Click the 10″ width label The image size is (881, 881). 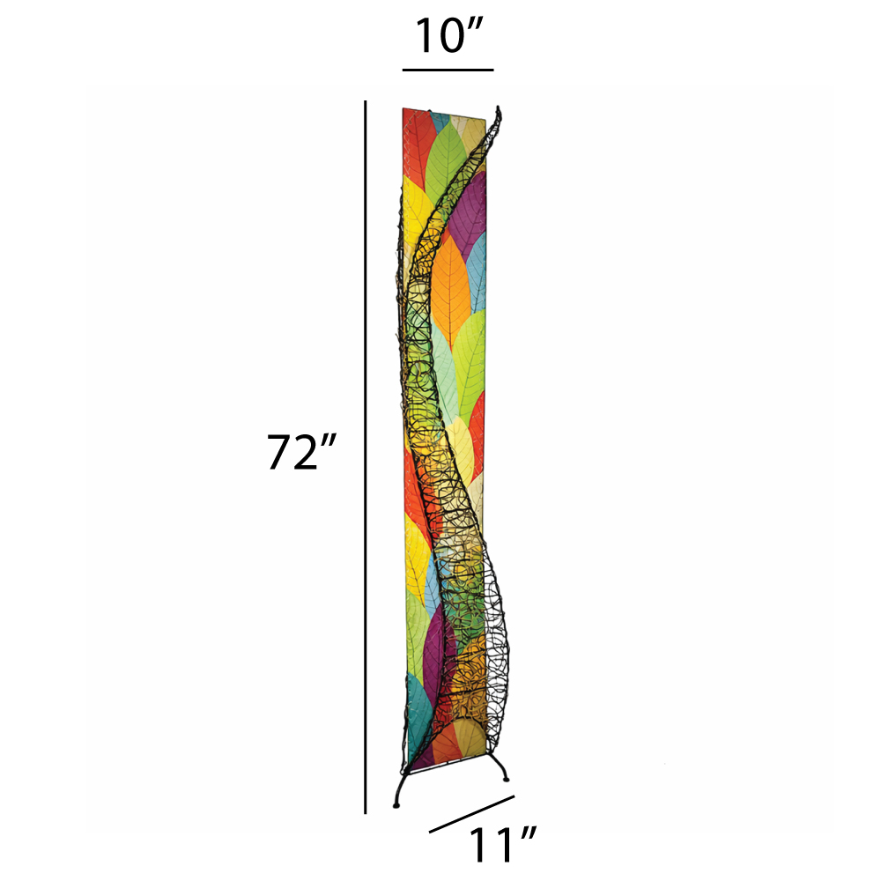click(448, 36)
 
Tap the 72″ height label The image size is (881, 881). click(300, 452)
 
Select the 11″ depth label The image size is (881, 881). click(502, 845)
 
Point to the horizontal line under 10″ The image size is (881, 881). click(448, 70)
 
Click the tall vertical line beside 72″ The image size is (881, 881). click(366, 456)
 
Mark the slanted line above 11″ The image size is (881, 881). click(472, 814)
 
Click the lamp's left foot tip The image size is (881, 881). click(396, 806)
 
